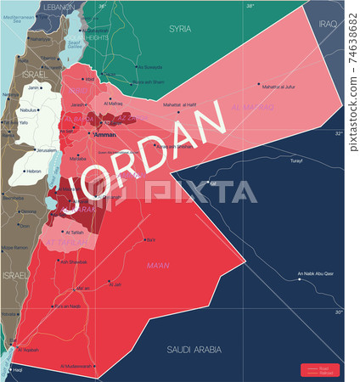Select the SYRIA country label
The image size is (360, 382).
pyautogui.click(x=180, y=28)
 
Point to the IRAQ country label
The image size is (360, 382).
pyautogui.click(x=328, y=24)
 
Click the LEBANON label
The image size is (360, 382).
pyautogui.click(x=59, y=7)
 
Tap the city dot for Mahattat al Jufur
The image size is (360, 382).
pyautogui.click(x=260, y=83)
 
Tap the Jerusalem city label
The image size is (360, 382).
pyautogui.click(x=46, y=149)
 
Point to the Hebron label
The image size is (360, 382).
pyautogui.click(x=34, y=171)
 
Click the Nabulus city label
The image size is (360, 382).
pyautogui.click(x=30, y=110)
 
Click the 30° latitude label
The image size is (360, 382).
pyautogui.click(x=339, y=312)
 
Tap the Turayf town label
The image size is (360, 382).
pyautogui.click(x=295, y=160)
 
